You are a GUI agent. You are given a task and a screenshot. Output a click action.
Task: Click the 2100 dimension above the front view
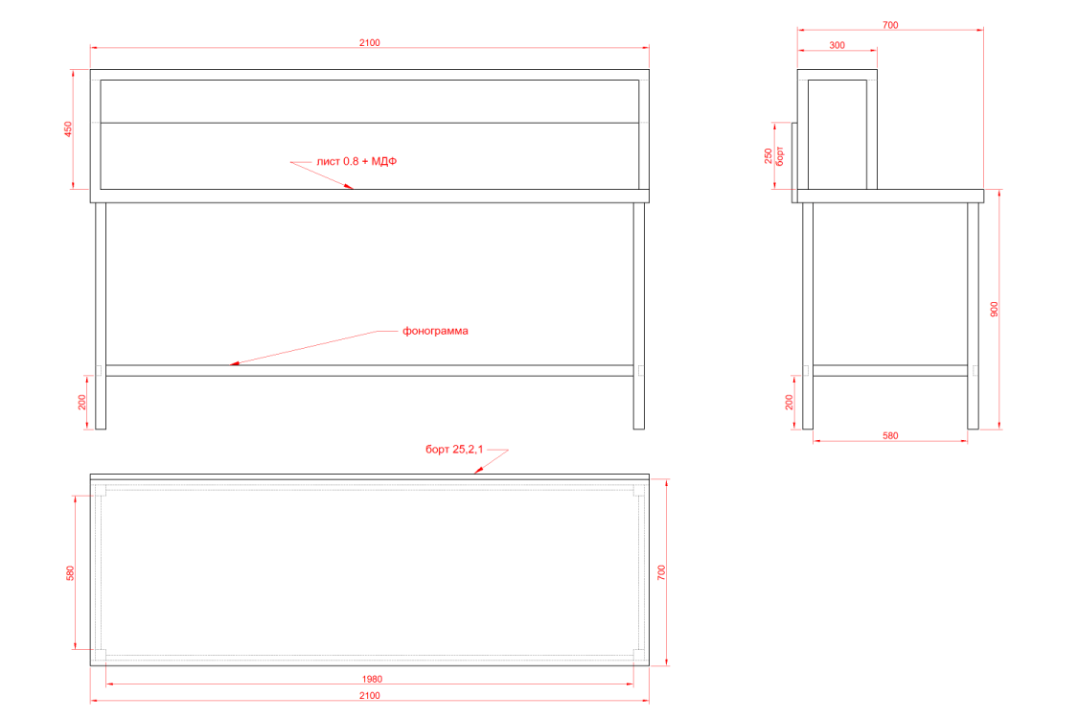pos(369,42)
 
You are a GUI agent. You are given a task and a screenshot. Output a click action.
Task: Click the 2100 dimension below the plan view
pos(369,696)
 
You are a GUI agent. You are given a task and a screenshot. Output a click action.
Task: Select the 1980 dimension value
pos(372,679)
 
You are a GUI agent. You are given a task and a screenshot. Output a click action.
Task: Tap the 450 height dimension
pos(68,128)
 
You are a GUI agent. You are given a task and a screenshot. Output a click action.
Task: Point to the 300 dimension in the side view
pos(837,45)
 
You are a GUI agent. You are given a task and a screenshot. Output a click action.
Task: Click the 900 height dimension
pos(994,309)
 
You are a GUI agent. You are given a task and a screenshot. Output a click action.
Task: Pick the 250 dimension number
pos(768,156)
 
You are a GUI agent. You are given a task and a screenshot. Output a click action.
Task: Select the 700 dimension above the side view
pos(890,25)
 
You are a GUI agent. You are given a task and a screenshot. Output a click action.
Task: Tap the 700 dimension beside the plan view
pos(661,572)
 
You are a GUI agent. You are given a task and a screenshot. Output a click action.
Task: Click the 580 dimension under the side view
pos(890,435)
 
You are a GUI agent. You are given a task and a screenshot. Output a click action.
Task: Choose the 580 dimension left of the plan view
pos(70,573)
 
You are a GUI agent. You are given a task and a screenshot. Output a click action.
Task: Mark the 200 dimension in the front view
pos(82,402)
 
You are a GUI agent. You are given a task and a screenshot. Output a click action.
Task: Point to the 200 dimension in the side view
pos(790,402)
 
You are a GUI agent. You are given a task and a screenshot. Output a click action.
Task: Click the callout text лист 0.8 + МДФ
pos(356,161)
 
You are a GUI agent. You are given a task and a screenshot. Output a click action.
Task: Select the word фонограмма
pos(435,331)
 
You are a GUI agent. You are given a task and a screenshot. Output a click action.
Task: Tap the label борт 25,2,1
pos(454,450)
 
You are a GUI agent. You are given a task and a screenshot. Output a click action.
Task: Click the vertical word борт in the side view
pos(780,156)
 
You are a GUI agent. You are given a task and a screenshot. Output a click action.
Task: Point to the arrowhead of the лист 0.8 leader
pos(351,186)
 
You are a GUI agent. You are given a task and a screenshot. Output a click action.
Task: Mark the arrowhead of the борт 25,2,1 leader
pos(475,472)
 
